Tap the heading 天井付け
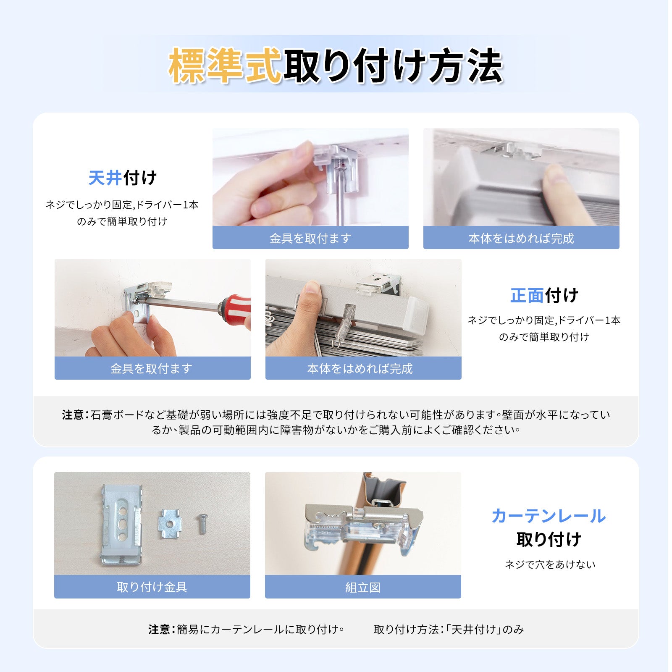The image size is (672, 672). tap(122, 178)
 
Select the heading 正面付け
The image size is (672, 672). tap(544, 296)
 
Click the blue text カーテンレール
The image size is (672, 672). tap(549, 516)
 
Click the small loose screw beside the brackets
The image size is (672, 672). tap(202, 523)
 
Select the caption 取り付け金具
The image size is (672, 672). tap(152, 587)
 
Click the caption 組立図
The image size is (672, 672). tap(363, 587)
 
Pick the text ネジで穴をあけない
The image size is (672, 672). tap(550, 564)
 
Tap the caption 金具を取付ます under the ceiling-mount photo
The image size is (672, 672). tap(310, 238)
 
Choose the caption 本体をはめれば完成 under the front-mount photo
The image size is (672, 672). tap(360, 368)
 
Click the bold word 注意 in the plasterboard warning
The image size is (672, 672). tap(73, 415)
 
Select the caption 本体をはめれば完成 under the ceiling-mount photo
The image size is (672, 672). tap(521, 238)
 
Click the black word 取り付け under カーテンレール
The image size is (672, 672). tap(549, 539)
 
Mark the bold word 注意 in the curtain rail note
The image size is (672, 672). tap(159, 629)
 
